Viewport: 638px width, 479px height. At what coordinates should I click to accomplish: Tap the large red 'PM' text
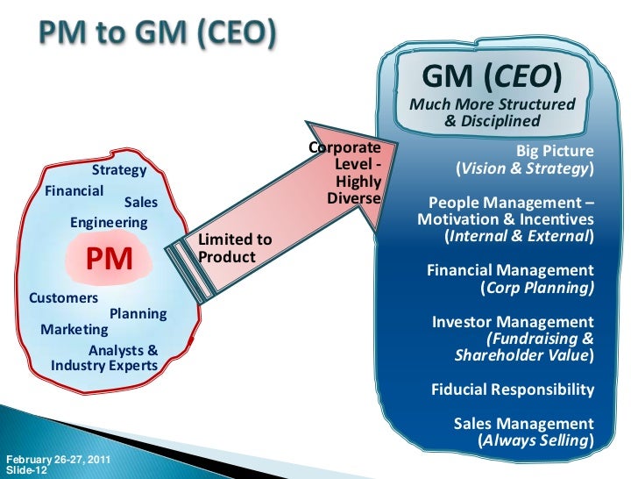[109, 260]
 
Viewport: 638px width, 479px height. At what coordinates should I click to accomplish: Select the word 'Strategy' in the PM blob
[119, 170]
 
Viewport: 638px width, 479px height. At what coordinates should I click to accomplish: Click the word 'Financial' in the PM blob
[74, 189]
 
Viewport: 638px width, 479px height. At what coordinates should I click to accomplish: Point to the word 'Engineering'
[109, 223]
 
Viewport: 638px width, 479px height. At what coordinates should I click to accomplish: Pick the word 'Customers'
[64, 298]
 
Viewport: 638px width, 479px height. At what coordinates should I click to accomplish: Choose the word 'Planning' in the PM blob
[138, 313]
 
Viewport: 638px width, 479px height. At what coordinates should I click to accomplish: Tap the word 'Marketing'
[74, 330]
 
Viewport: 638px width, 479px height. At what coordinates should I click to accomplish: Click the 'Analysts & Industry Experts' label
[105, 358]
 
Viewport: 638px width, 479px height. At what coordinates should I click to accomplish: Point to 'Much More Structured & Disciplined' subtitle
[499, 113]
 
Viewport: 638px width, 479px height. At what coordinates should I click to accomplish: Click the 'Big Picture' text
[555, 150]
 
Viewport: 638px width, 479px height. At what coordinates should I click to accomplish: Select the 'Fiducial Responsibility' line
[513, 390]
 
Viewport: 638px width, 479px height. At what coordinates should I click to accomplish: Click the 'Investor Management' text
[513, 323]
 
